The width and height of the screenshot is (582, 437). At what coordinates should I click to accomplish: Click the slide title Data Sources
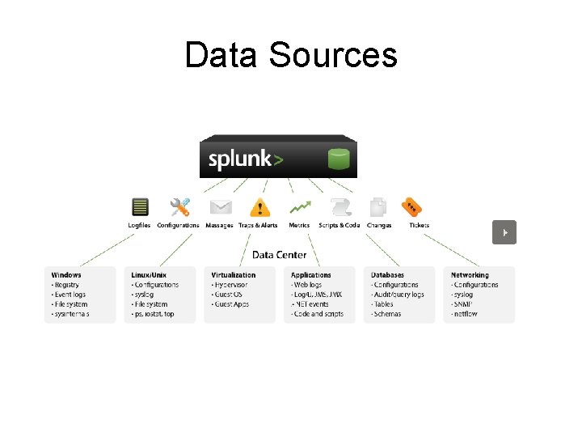291,55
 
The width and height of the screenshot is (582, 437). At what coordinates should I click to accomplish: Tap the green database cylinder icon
339,159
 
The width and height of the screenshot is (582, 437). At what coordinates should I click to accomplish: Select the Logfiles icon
139,207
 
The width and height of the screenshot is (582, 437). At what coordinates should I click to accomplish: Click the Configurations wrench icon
179,207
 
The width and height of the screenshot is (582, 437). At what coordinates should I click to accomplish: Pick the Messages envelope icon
220,207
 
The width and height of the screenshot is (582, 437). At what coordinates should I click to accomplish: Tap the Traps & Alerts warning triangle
259,208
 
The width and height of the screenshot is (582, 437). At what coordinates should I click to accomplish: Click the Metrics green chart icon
300,207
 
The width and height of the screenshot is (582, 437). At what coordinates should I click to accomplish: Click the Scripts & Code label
339,225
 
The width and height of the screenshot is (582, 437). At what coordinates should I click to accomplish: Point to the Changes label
378,225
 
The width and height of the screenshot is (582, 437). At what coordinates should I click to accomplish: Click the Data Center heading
280,255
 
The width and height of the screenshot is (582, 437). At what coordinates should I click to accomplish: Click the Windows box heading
66,275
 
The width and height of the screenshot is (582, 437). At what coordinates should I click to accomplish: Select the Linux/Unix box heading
150,275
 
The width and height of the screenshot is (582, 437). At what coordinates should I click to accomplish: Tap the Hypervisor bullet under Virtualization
232,285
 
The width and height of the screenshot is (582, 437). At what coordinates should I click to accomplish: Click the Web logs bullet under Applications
309,285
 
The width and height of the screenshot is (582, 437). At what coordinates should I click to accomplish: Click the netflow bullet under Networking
466,314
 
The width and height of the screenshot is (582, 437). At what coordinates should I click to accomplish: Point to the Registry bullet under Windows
67,285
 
